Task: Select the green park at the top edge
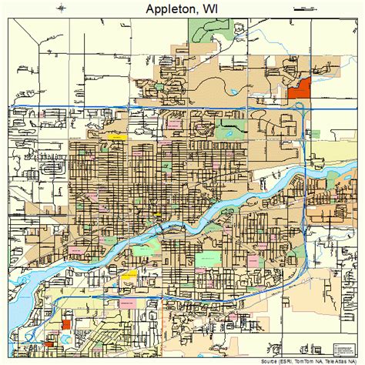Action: tap(203, 30)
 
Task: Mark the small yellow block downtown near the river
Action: tap(158, 215)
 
